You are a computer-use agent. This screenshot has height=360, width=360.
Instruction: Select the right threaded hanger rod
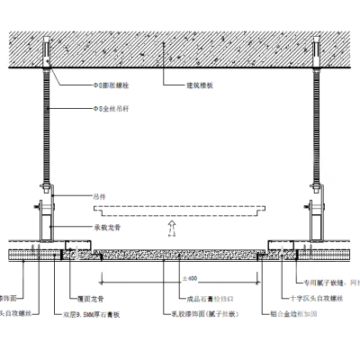point(318,126)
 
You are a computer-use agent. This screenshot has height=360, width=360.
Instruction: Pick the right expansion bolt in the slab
point(318,49)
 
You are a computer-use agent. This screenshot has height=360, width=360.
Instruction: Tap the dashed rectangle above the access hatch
point(180,210)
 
